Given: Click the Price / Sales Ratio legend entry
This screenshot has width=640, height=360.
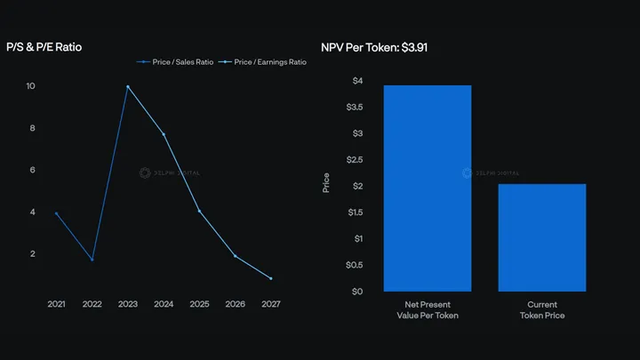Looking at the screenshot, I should point(176,62).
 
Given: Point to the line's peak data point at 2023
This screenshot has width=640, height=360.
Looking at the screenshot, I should point(128,86).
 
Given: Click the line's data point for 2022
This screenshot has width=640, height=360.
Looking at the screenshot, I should point(92,260).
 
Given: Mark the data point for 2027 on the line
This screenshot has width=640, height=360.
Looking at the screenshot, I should point(271,278).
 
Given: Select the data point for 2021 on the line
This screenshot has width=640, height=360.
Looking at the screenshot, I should point(56,213).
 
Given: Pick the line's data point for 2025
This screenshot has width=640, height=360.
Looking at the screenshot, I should point(199,211).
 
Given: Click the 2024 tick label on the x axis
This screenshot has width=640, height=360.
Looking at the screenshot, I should point(164,303).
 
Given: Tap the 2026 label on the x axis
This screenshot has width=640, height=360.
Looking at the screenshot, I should point(236,303).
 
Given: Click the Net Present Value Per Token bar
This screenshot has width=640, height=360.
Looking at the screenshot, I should point(428,188).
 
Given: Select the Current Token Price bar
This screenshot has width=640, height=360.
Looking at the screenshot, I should point(542,237).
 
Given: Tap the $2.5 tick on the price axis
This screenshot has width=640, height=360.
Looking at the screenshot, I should point(355,159).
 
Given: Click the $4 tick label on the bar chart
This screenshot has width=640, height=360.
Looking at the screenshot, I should point(357,81).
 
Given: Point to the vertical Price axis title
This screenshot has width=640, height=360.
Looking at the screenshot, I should point(326,185).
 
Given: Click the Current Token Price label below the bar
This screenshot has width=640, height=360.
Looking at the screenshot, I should point(542,309).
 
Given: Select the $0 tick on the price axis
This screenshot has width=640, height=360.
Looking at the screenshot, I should point(357,291).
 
